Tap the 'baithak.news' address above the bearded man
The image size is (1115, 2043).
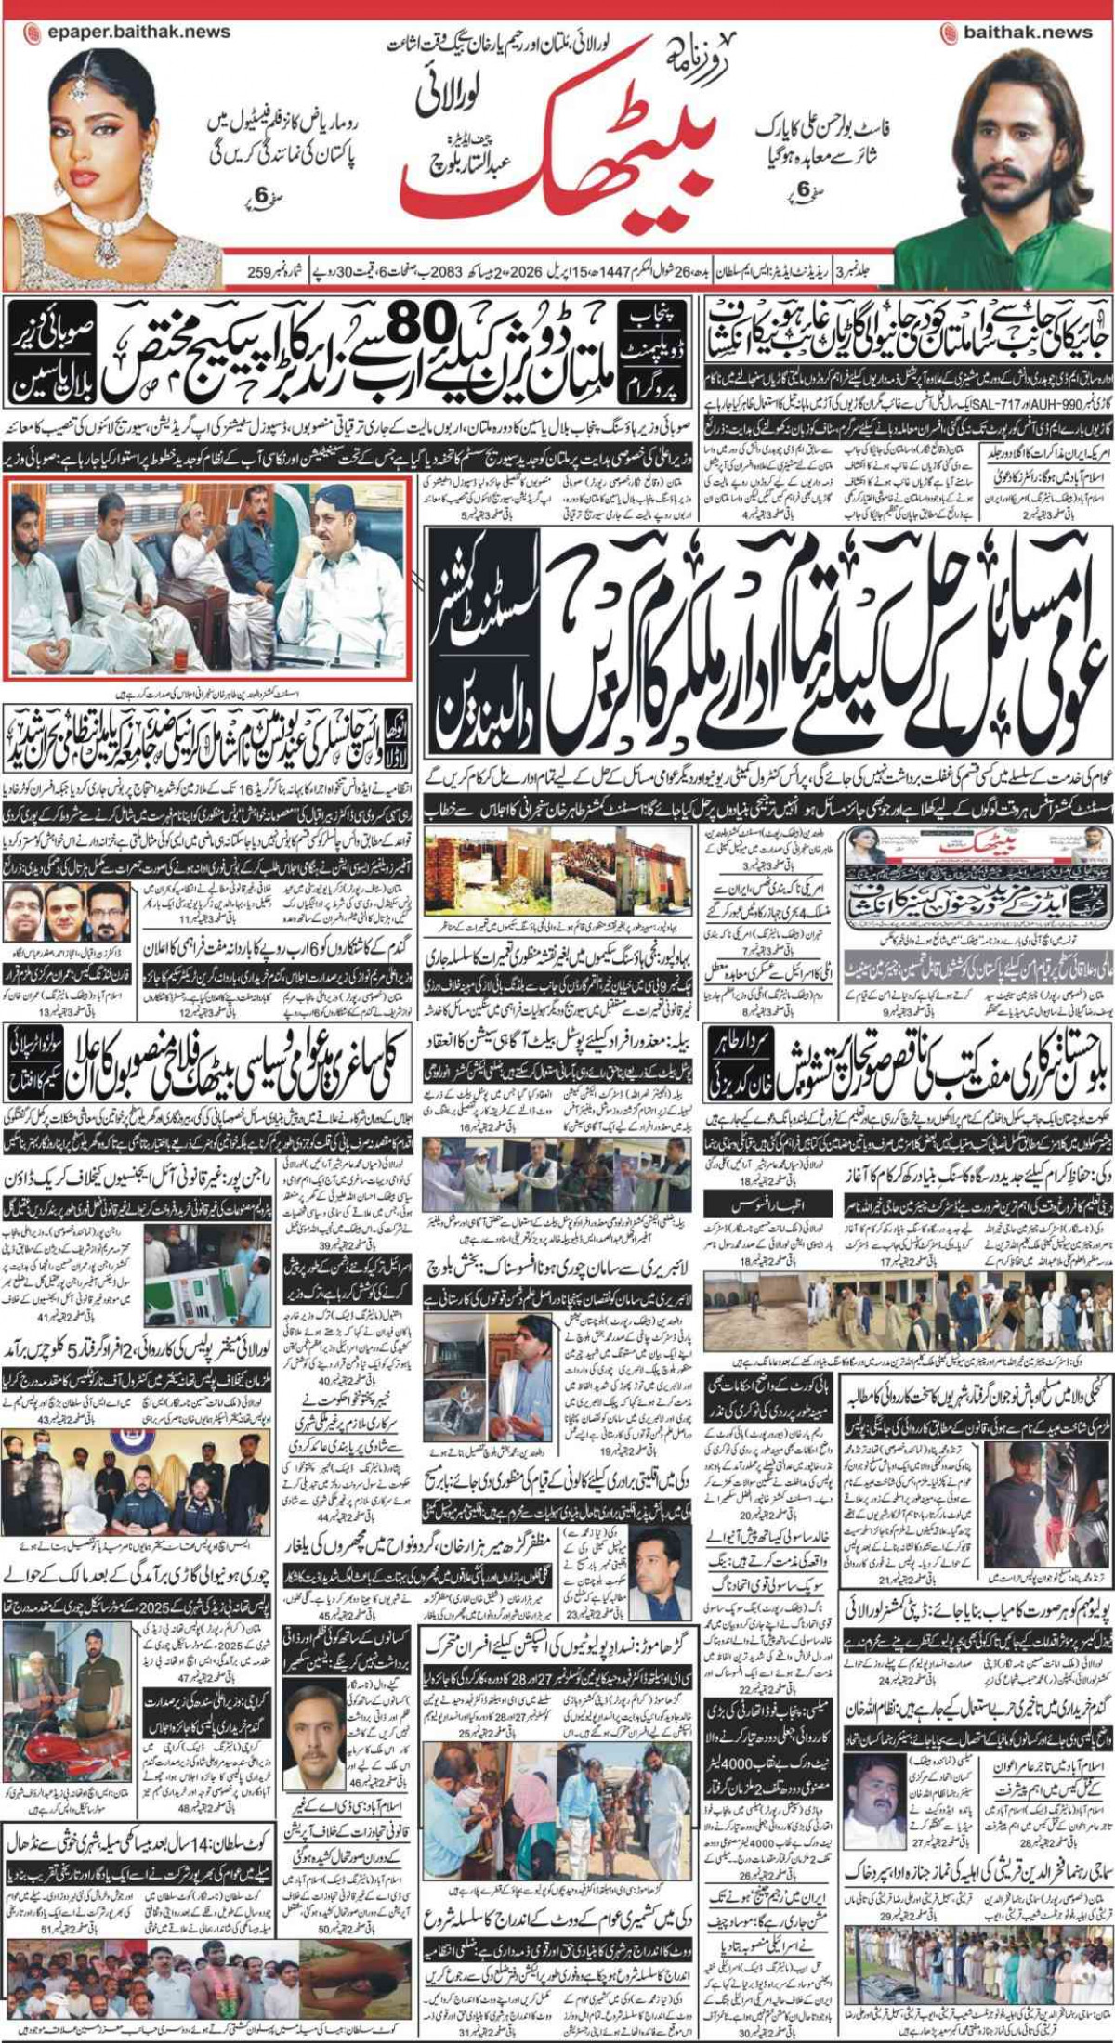[x=1027, y=32]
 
